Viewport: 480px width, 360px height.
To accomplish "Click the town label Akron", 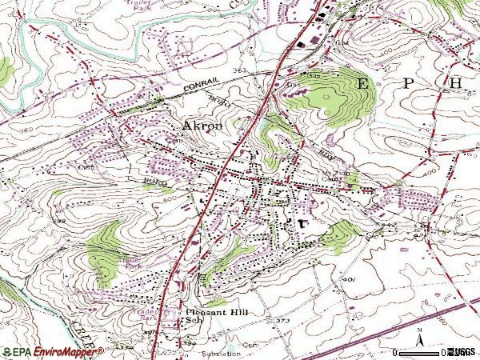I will [204, 126].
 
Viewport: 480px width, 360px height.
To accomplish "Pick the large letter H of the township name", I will [455, 83].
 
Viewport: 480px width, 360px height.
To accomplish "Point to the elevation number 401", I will [348, 279].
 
